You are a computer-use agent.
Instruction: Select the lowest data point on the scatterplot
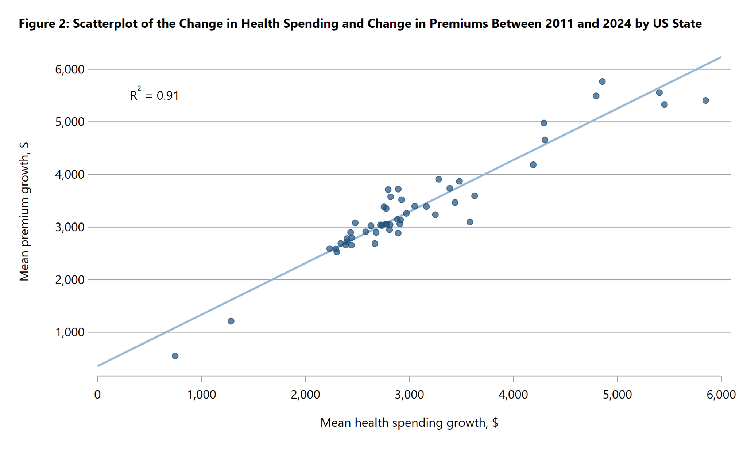point(175,356)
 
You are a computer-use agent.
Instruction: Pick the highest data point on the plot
point(602,81)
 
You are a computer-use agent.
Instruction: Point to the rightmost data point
point(706,100)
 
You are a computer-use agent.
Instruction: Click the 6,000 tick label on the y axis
point(70,69)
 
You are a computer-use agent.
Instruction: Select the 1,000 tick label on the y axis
point(70,332)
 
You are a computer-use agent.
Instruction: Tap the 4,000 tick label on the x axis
point(513,395)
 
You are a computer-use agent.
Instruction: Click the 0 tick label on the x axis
point(97,395)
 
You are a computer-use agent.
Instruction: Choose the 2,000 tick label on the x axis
point(305,395)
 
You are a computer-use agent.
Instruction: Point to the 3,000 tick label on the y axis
point(70,227)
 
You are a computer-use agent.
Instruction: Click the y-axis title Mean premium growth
point(24,212)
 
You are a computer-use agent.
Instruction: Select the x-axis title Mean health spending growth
point(409,423)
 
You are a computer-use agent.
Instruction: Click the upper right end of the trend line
point(721,57)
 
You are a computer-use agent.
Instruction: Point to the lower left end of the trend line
point(98,366)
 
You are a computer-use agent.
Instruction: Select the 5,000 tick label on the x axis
point(617,395)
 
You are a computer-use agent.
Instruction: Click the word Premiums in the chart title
point(459,23)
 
